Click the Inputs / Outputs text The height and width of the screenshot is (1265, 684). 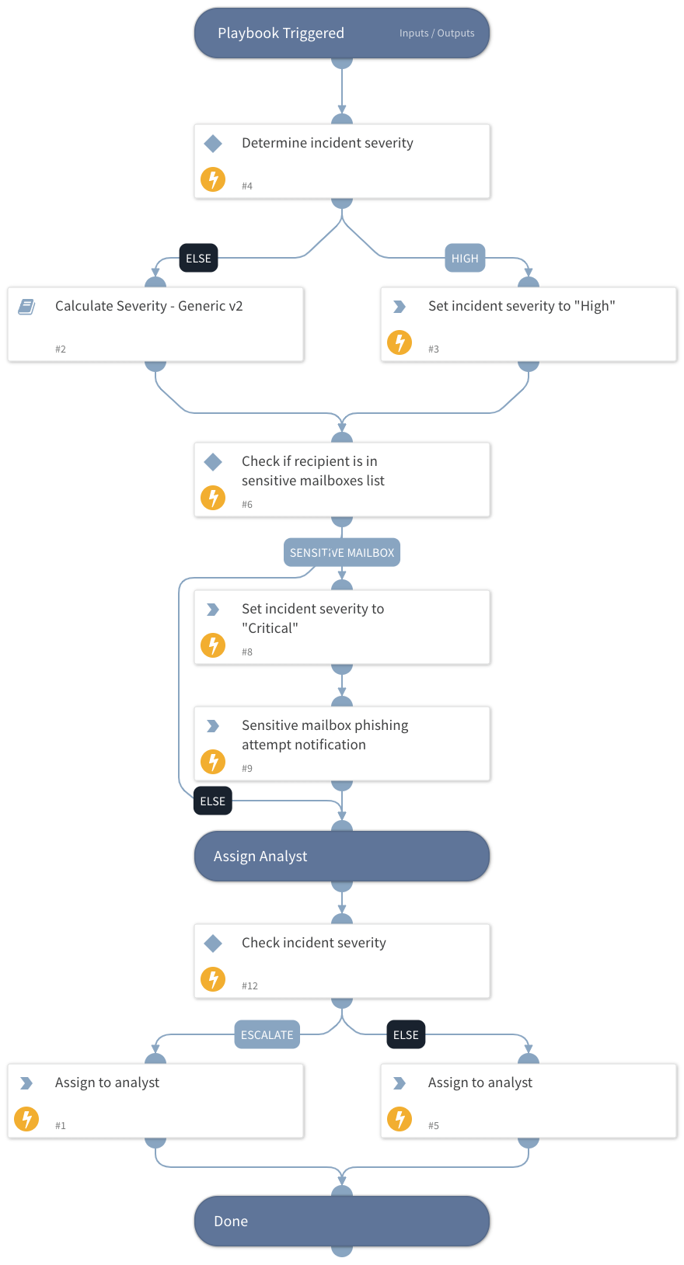[x=437, y=33]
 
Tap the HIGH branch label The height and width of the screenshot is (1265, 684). [x=465, y=259]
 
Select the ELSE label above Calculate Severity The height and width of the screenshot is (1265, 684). [x=198, y=259]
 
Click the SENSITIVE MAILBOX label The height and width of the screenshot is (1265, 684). [x=342, y=553]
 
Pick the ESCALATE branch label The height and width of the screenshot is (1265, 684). [x=267, y=1035]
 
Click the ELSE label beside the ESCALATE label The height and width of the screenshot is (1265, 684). [x=406, y=1035]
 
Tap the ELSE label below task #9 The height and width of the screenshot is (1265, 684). [x=212, y=801]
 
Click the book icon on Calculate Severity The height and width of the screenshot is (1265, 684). [x=26, y=307]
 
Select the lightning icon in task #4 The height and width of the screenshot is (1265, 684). [x=213, y=179]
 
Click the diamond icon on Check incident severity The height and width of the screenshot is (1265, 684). [x=213, y=944]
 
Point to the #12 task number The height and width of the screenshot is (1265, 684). [x=250, y=986]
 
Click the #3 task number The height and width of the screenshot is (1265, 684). [x=434, y=349]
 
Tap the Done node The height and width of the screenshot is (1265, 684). [x=342, y=1222]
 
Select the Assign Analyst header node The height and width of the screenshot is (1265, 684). [x=342, y=857]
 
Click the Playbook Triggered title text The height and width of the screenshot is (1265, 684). [x=281, y=33]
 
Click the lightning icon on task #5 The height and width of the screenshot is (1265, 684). [x=400, y=1119]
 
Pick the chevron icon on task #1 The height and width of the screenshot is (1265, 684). [x=26, y=1083]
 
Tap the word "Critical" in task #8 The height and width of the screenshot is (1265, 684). [x=270, y=628]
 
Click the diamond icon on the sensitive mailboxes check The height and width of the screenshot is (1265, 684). [x=213, y=462]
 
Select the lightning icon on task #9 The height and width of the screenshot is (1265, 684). [x=213, y=762]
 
